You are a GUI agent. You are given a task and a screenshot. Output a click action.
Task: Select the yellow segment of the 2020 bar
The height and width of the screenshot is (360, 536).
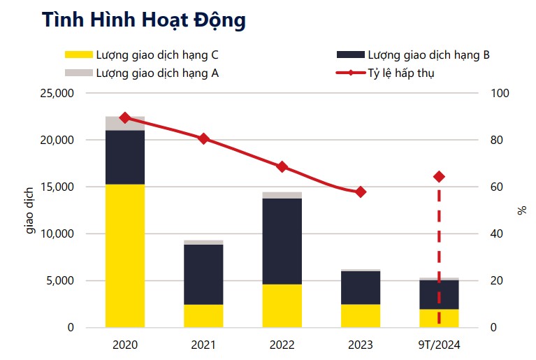[x=125, y=255]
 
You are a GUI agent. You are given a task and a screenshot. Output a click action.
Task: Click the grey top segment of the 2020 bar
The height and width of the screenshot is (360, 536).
[x=125, y=124]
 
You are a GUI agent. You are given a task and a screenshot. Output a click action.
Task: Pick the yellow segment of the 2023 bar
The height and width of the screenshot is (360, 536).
[x=361, y=315]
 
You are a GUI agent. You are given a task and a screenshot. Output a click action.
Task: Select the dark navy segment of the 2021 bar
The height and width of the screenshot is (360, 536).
[x=203, y=274]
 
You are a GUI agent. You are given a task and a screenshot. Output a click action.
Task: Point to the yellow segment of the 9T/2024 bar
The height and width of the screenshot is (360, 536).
[x=439, y=318]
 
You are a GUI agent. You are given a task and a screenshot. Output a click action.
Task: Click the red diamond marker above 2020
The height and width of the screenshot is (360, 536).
[x=125, y=117]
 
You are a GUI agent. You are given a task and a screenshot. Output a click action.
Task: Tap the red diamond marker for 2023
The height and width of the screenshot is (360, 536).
[x=361, y=192]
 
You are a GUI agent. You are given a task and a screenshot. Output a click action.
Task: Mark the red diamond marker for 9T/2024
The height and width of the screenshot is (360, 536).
[x=439, y=177]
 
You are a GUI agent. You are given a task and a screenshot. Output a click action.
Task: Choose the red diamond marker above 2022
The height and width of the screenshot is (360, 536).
[x=282, y=166]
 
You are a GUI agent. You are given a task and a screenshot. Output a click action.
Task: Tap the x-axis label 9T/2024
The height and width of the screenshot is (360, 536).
[x=439, y=345]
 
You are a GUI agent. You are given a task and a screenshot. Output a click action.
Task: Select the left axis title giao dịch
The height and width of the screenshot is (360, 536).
[x=31, y=210]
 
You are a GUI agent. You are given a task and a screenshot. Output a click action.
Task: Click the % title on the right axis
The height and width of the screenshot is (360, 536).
[x=521, y=210]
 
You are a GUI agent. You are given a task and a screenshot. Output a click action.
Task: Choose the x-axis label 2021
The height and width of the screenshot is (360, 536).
[x=203, y=345]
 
